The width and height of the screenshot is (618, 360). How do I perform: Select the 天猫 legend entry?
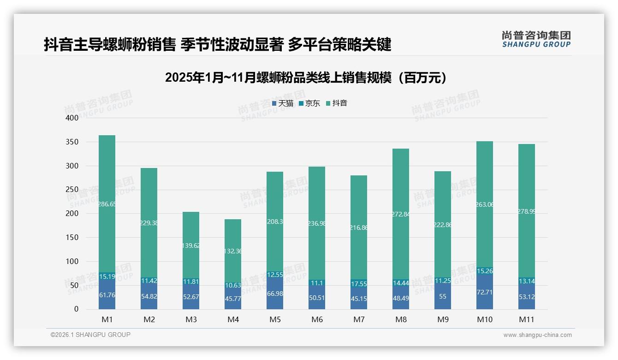click(x=282, y=103)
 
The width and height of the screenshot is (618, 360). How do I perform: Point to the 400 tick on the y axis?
click(x=71, y=118)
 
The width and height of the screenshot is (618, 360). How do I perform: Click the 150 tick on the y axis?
click(x=71, y=238)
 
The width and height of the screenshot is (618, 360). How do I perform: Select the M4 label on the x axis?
click(x=233, y=319)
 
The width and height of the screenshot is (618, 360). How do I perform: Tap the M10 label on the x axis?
click(x=485, y=319)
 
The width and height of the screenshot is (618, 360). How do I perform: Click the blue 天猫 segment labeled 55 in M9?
click(x=443, y=297)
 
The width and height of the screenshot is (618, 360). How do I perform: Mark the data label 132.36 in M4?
click(x=233, y=251)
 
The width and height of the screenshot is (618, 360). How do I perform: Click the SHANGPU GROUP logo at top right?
click(x=536, y=39)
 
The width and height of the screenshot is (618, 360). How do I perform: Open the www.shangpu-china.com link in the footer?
click(x=537, y=335)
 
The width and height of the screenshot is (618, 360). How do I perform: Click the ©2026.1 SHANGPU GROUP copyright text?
click(x=90, y=335)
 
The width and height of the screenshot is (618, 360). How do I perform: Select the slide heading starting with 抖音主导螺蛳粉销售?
click(x=218, y=44)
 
